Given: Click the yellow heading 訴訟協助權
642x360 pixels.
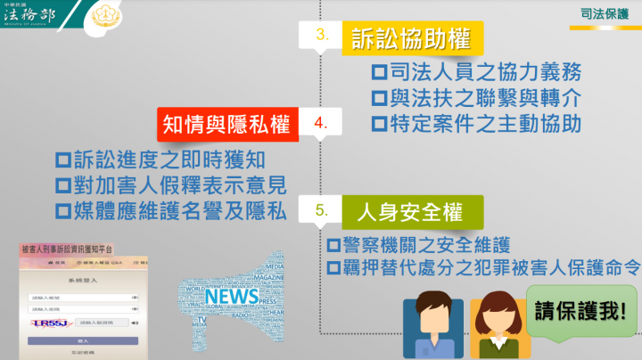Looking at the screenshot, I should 412,39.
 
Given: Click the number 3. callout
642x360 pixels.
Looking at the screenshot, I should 323,37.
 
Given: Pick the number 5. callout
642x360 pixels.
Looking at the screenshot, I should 323,212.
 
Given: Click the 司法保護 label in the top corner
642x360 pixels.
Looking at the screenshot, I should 601,15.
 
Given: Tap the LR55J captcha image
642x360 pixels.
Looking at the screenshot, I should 52,322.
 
